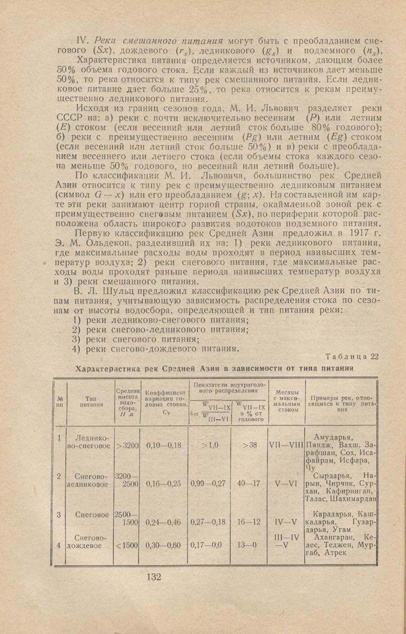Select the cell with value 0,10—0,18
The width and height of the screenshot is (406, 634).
click(x=163, y=445)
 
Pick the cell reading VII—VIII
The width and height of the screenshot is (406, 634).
click(x=285, y=445)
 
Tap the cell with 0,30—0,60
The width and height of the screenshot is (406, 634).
click(x=163, y=546)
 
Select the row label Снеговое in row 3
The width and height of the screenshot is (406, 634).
click(x=92, y=514)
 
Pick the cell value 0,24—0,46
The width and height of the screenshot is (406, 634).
click(x=163, y=522)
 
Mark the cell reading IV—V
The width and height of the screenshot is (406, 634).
click(x=285, y=522)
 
